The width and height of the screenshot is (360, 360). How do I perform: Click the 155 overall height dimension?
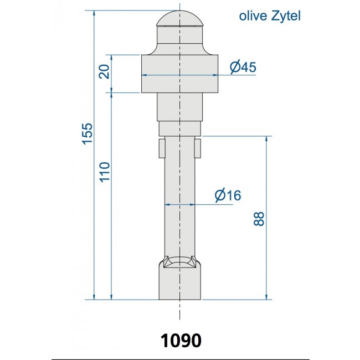(x=87, y=133)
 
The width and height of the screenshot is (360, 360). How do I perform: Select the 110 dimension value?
(x=105, y=172)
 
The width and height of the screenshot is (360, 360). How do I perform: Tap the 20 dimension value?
(x=104, y=71)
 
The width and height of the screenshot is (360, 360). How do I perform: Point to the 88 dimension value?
(x=259, y=218)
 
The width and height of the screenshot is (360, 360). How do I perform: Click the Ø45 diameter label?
(x=243, y=67)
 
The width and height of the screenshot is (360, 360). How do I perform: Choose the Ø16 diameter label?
(x=227, y=195)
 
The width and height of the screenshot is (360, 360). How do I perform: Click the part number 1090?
(x=181, y=340)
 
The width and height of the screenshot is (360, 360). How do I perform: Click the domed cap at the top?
(x=180, y=19)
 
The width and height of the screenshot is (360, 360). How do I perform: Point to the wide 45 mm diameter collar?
(x=180, y=73)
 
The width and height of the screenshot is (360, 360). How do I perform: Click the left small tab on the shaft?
(x=162, y=148)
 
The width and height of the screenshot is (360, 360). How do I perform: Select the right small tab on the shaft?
(x=198, y=148)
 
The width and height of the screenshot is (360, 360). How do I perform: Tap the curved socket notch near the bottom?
(x=180, y=261)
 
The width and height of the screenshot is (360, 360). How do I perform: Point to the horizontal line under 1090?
(x=180, y=359)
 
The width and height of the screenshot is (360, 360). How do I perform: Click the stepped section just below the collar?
(x=180, y=106)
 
